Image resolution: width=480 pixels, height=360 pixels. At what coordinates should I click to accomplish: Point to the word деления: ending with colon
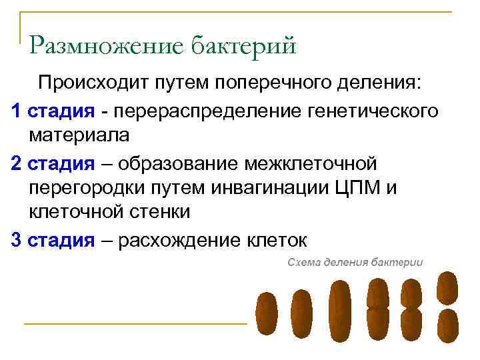pyautogui.click(x=385, y=84)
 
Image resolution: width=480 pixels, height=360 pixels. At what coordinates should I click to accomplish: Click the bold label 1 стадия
pyautogui.click(x=53, y=111)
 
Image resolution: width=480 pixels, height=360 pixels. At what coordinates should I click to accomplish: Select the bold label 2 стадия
pyautogui.click(x=53, y=163)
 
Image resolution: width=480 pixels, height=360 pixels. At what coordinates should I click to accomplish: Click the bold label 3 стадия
pyautogui.click(x=53, y=240)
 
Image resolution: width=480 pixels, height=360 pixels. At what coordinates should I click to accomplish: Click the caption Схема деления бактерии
pyautogui.click(x=355, y=262)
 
